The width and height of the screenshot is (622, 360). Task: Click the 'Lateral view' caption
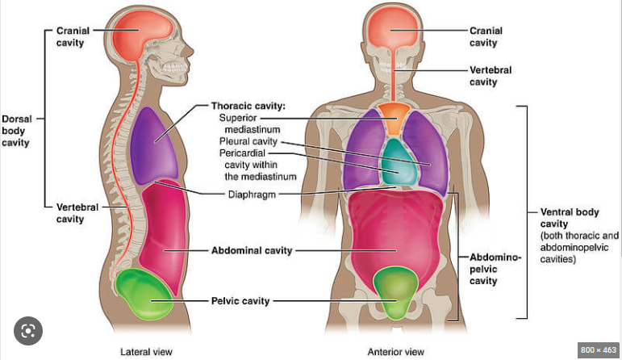click(x=146, y=352)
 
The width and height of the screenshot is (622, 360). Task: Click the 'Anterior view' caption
click(x=395, y=352)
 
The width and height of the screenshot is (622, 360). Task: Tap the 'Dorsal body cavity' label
click(x=15, y=130)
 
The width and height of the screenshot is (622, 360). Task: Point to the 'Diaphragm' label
click(x=253, y=194)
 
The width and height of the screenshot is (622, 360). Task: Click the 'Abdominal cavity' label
click(x=251, y=250)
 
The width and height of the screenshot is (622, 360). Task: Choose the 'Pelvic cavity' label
click(x=240, y=300)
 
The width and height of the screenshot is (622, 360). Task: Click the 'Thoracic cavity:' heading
click(x=248, y=106)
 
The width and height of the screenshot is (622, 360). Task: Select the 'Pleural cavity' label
click(x=248, y=141)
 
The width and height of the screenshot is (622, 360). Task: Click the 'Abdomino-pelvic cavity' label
click(x=494, y=269)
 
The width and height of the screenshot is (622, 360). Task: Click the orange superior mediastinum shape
click(x=395, y=117)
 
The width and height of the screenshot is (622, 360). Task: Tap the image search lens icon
click(x=28, y=331)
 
